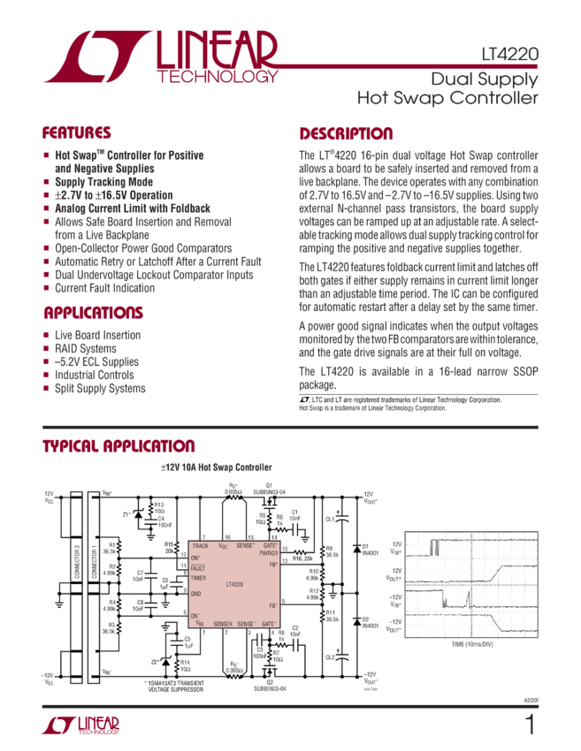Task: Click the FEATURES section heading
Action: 77,133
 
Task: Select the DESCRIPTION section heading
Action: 346,134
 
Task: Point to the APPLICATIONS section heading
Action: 92,314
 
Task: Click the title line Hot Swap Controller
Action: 447,98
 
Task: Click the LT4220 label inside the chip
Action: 233,585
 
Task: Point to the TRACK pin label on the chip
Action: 200,547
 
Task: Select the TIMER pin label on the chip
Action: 199,577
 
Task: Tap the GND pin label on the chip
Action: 196,593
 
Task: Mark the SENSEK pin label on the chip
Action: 223,624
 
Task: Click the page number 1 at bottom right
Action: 530,726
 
